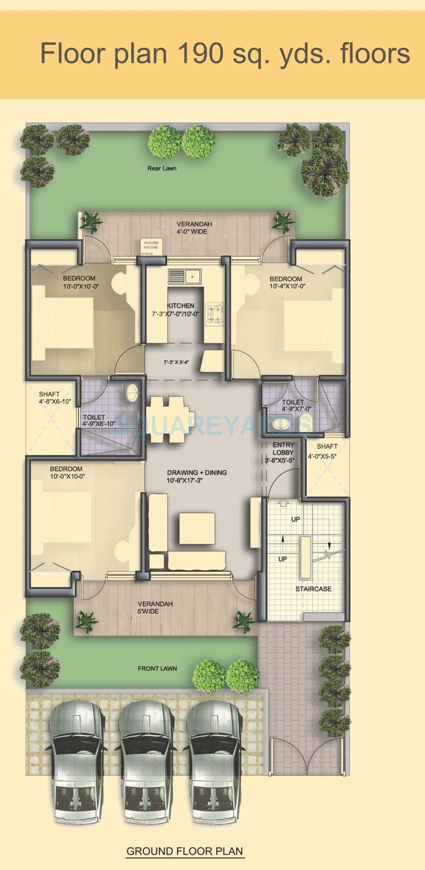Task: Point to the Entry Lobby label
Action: [x=284, y=449]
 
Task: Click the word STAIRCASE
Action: [x=313, y=589]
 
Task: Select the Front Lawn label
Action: [x=157, y=668]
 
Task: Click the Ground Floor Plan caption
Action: [x=185, y=851]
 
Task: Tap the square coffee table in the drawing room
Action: [x=197, y=528]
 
